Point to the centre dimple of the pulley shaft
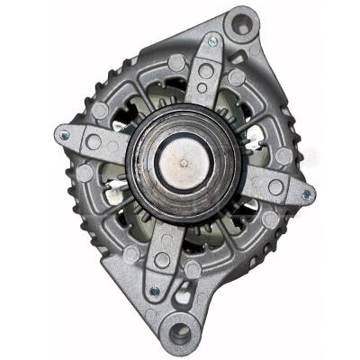click(x=184, y=162)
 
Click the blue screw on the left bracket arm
click(x=63, y=136)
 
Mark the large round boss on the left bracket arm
click(x=92, y=141)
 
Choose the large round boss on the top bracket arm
click(x=206, y=69)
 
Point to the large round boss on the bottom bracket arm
click(x=162, y=260)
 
